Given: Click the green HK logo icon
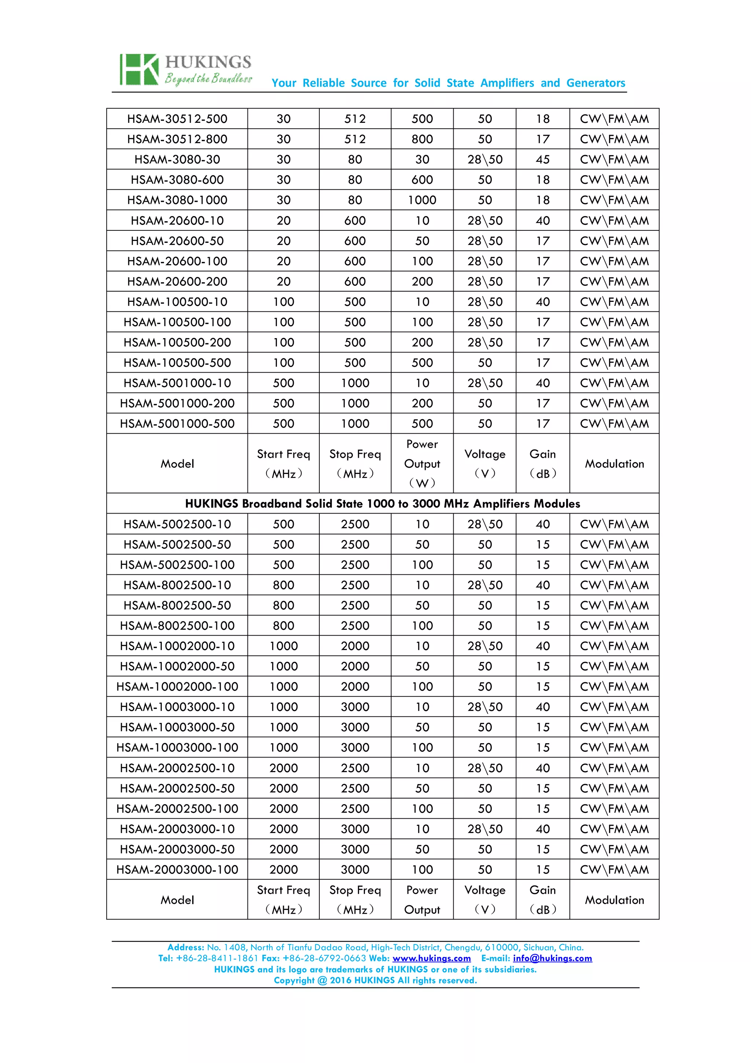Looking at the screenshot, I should click(x=139, y=69).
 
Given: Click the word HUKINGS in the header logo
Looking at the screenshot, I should click(x=208, y=62).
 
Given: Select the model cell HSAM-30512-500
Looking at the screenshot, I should click(x=177, y=119).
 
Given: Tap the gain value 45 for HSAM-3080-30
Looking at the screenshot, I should click(x=542, y=160).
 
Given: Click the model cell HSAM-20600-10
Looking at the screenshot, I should click(x=177, y=221).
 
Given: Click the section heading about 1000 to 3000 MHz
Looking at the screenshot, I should click(x=382, y=504).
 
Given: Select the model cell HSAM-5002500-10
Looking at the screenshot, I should click(x=177, y=525).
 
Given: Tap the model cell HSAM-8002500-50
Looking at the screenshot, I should click(x=177, y=606).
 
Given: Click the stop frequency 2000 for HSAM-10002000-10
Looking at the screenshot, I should click(x=355, y=646).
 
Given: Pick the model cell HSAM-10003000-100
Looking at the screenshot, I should click(x=177, y=748).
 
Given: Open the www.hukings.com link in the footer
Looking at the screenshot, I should click(x=431, y=958).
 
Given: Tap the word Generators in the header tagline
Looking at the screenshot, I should click(x=596, y=83).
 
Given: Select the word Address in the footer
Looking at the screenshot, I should click(x=185, y=947).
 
